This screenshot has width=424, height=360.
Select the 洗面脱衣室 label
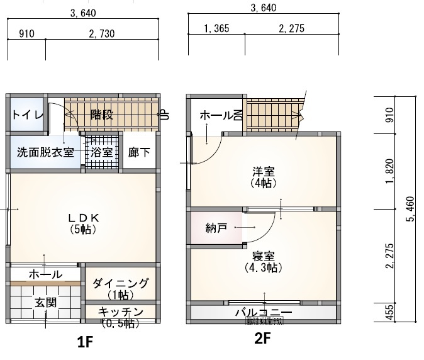(x=45, y=152)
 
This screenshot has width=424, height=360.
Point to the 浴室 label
(x=101, y=152)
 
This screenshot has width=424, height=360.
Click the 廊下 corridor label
(x=138, y=152)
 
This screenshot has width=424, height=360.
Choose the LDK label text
(x=82, y=218)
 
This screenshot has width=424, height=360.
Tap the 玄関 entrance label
(x=45, y=302)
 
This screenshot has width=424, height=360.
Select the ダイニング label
(x=120, y=283)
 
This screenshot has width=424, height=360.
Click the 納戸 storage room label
(x=216, y=227)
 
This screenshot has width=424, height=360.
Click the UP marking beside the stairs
(x=164, y=115)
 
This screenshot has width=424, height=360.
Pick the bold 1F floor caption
(x=85, y=342)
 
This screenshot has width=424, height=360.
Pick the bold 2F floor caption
(x=262, y=339)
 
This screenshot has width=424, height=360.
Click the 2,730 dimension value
(x=101, y=33)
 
